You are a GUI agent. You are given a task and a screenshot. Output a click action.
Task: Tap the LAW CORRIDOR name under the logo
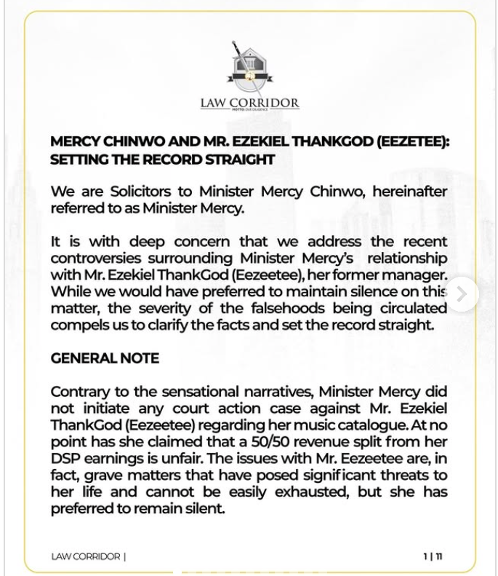(x=249, y=103)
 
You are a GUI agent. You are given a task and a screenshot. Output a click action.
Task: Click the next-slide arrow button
(x=462, y=294)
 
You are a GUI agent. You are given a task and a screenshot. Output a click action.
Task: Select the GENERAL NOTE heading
(x=105, y=358)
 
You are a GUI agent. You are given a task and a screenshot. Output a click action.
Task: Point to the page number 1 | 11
(x=433, y=556)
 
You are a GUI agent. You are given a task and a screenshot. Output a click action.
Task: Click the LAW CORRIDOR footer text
(x=86, y=556)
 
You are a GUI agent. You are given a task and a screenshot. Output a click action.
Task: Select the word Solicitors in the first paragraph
(x=143, y=192)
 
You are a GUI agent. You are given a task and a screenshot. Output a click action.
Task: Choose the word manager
(x=417, y=275)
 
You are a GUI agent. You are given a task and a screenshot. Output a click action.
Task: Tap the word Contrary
(x=82, y=392)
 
